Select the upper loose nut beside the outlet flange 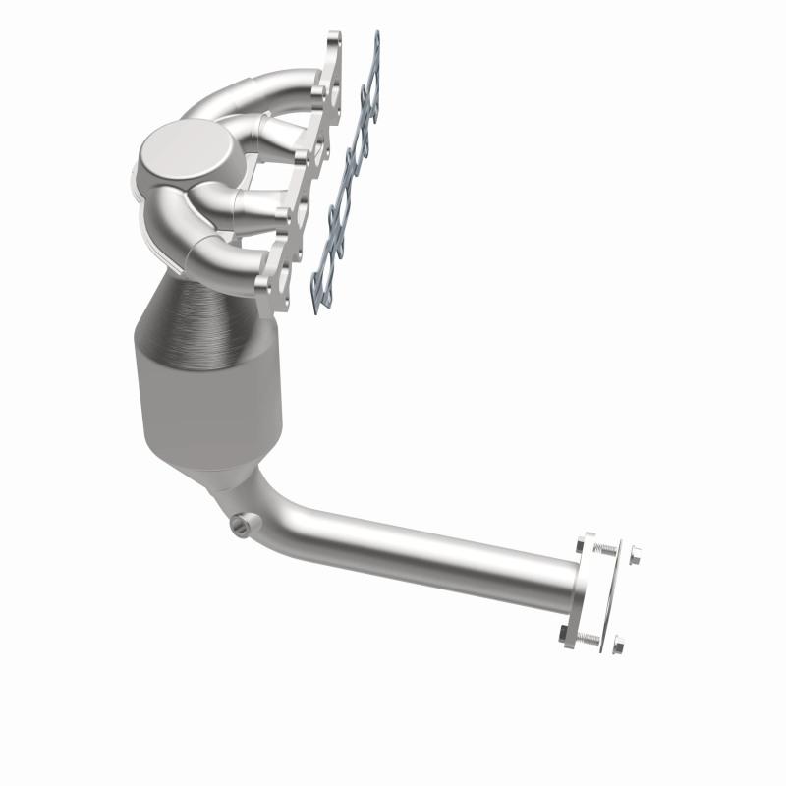635,554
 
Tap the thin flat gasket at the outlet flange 613,594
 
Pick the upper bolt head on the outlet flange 580,546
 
